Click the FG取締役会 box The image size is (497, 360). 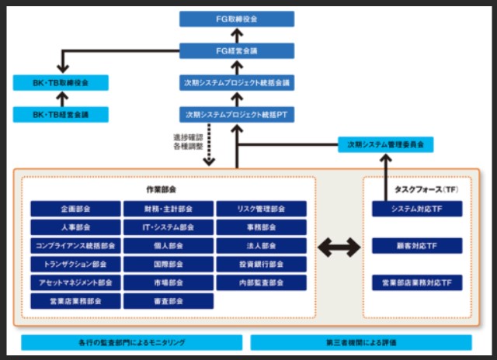(x=237, y=19)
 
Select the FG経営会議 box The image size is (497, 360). (x=237, y=50)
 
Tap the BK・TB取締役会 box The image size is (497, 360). (x=60, y=83)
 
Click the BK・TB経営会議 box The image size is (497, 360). (x=60, y=114)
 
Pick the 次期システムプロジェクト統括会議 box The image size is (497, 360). (x=237, y=82)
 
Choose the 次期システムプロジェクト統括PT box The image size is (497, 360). (x=237, y=114)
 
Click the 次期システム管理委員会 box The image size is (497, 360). (x=386, y=144)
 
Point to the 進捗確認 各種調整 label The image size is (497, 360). (x=189, y=142)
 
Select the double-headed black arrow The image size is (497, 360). (x=339, y=247)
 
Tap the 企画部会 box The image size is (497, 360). (x=75, y=209)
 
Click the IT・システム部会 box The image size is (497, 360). (x=168, y=228)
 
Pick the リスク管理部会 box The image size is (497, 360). (x=261, y=209)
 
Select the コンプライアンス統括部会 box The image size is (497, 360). (x=75, y=246)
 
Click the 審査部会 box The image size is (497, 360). (x=168, y=300)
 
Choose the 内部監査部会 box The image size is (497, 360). (x=261, y=282)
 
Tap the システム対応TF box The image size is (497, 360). (x=417, y=209)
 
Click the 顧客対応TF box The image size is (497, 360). (x=417, y=246)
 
